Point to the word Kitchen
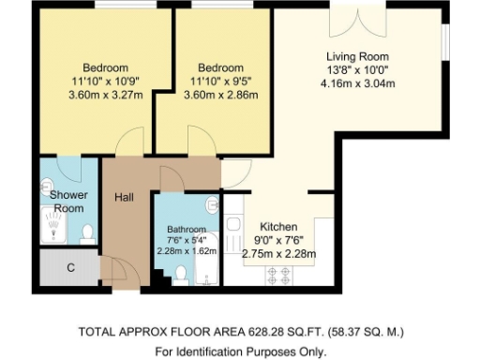pos(278,227)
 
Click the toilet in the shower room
pos(86,232)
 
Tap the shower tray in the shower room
pos(54,225)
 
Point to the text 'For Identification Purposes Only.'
pos(240,352)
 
